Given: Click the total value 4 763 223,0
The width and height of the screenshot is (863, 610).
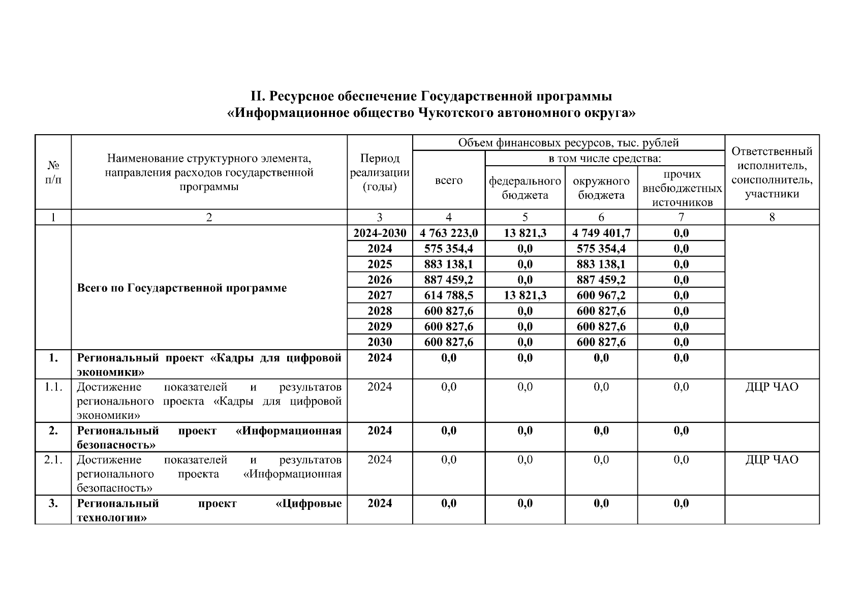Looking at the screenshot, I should [x=449, y=233].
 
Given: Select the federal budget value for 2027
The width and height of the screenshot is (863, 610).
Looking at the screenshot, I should [x=525, y=295].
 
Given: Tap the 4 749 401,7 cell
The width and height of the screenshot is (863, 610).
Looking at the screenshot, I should [x=601, y=233].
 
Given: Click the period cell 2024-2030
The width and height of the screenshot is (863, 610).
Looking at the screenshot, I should [x=380, y=233].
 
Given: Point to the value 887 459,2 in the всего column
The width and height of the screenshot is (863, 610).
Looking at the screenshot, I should [x=449, y=280].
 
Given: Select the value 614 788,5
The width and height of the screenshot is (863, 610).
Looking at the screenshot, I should [x=449, y=295].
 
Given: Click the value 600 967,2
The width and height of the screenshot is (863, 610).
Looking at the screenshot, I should [x=601, y=295].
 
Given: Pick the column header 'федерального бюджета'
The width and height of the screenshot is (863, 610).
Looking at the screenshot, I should [x=525, y=188].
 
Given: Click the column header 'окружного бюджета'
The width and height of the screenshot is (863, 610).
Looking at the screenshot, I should [x=601, y=188].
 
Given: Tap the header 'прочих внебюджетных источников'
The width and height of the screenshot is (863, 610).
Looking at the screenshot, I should [x=681, y=188].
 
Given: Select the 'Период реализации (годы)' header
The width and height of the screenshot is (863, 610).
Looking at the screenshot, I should [x=380, y=172].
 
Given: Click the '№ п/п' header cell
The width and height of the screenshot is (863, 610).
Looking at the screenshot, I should [x=53, y=172].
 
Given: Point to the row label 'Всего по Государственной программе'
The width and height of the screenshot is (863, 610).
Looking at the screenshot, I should [x=182, y=288].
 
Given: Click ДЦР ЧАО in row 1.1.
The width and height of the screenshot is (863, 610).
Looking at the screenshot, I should [x=772, y=387].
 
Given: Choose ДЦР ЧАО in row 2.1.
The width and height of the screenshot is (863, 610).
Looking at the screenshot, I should [x=772, y=460].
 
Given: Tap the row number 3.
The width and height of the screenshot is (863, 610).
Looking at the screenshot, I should [x=53, y=503].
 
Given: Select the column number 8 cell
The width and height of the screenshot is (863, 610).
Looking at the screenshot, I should [x=772, y=218].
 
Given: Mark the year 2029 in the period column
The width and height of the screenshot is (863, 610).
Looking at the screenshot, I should [x=380, y=326].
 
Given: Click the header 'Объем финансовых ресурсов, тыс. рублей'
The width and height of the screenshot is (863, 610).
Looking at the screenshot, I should [x=568, y=143].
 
